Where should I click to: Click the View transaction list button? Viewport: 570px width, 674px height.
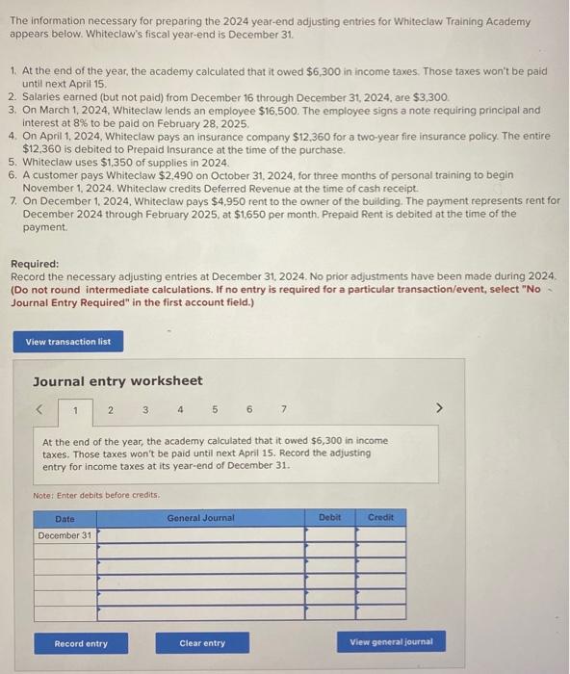pos(68,342)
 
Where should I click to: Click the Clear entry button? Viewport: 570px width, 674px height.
pos(202,642)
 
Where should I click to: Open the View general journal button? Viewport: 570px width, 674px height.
pos(391,642)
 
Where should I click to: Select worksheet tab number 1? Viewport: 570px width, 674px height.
pos(76,410)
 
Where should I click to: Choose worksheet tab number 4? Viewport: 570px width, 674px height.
pos(180,410)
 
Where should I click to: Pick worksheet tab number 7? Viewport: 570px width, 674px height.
pos(283,410)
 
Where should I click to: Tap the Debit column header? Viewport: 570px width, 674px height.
pos(329,517)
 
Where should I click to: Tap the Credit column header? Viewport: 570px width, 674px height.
pos(381,517)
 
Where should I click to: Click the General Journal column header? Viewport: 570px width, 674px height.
pos(200,517)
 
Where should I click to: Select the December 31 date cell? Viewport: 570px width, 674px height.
pos(65,535)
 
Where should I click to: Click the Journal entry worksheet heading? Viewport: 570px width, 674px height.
pos(117,381)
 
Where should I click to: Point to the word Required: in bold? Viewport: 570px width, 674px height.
pos(35,264)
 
